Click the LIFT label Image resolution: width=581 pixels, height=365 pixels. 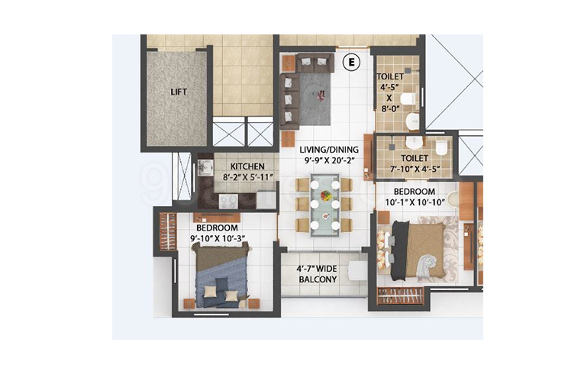(x=179, y=92)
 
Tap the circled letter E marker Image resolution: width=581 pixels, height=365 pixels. (x=351, y=62)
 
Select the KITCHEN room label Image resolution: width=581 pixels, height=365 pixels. (x=247, y=166)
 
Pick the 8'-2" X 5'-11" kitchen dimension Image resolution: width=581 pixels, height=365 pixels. (x=248, y=177)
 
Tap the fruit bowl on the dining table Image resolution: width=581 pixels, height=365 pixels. (x=326, y=195)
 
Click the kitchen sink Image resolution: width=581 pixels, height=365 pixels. (x=205, y=168)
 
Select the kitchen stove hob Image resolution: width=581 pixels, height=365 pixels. (x=228, y=201)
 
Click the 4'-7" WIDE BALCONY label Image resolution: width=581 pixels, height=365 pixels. (x=318, y=274)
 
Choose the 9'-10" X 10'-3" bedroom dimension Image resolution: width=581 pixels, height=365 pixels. (x=218, y=238)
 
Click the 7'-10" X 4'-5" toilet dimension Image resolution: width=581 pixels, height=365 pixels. (x=415, y=169)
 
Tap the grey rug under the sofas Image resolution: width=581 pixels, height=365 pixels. (x=315, y=99)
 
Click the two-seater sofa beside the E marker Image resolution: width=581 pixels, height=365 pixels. (x=315, y=63)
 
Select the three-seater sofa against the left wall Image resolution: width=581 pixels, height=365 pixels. (x=289, y=101)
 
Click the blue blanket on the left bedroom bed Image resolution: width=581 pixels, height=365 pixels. (x=223, y=281)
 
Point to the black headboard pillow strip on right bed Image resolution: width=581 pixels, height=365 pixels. (x=399, y=250)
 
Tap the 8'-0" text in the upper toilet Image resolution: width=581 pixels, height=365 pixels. (x=389, y=109)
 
